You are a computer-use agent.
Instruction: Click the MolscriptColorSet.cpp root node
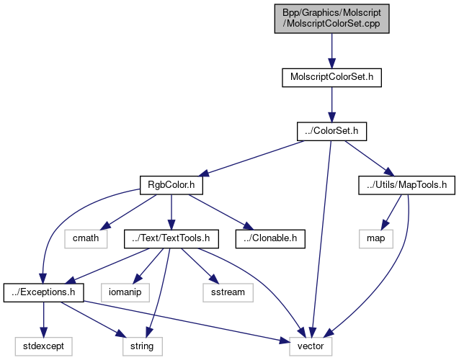[331, 18]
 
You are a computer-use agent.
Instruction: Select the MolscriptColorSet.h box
[331, 76]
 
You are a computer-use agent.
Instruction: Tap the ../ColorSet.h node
[332, 131]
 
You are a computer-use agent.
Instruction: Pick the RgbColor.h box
[171, 185]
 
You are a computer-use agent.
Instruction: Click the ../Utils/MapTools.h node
[407, 185]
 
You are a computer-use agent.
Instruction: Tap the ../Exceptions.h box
[44, 292]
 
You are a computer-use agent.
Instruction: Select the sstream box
[228, 292]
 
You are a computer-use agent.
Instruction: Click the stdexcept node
[44, 346]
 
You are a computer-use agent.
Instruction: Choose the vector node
[312, 346]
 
